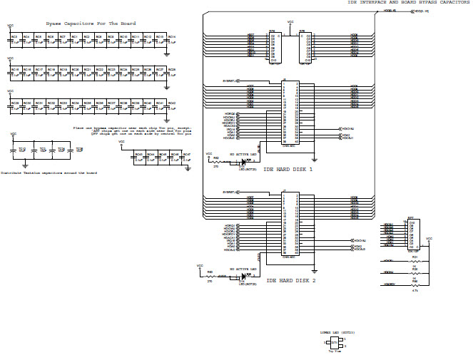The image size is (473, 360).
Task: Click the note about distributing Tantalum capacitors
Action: pyautogui.click(x=49, y=173)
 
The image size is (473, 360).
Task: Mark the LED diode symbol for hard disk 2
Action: pyautogui.click(x=243, y=275)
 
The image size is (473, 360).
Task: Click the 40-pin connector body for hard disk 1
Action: pyautogui.click(x=289, y=110)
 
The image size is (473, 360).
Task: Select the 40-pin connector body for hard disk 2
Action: pyautogui.click(x=289, y=223)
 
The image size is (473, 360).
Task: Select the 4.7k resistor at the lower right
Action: pyautogui.click(x=414, y=284)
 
